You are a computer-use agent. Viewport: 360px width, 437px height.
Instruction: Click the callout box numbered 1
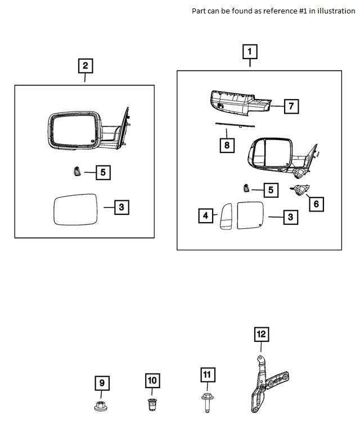tap(250, 52)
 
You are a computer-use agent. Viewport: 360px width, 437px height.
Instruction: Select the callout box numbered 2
tap(85, 66)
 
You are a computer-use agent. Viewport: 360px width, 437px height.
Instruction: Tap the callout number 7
tap(291, 106)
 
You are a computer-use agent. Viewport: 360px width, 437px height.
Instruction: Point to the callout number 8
tap(226, 145)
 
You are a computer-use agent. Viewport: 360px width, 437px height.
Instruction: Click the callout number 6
tap(316, 204)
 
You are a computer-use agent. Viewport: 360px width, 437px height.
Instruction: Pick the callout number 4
tap(206, 215)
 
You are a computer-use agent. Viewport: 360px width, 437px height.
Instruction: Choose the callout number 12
tap(261, 335)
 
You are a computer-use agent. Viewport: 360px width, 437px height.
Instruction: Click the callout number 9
tap(102, 384)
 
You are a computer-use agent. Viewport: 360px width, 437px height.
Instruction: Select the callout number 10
tap(152, 380)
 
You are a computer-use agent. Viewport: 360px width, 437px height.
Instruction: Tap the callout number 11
tap(206, 375)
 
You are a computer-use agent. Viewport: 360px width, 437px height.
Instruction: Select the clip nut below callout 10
tap(152, 403)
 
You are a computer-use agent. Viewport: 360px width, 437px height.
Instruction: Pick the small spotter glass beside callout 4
tap(226, 216)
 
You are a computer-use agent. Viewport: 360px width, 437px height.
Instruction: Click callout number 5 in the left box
tap(103, 173)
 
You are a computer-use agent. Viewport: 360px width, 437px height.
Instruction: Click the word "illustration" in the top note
tap(335, 11)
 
